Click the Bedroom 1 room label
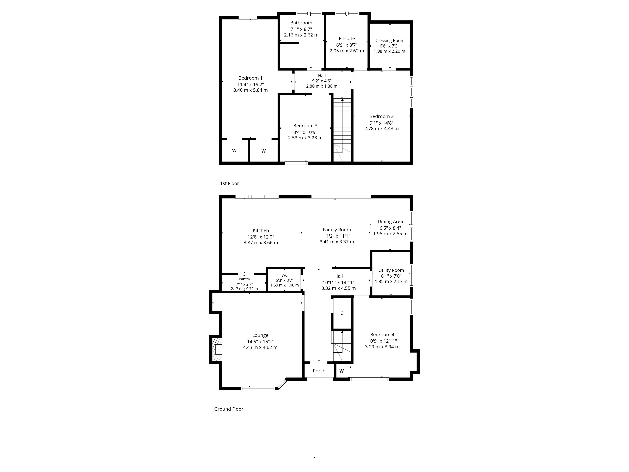click(x=250, y=78)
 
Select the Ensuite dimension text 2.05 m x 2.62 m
click(x=347, y=51)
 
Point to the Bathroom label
click(x=301, y=23)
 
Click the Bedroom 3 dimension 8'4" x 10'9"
click(x=305, y=132)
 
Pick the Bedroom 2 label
click(x=381, y=116)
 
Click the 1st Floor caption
click(x=229, y=183)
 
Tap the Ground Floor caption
click(x=229, y=409)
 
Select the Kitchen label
click(x=261, y=230)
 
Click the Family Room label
click(x=337, y=230)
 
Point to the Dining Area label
click(x=390, y=221)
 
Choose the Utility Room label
click(x=391, y=270)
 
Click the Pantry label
click(x=244, y=279)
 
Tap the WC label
click(x=284, y=275)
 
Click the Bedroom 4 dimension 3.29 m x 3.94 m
click(x=382, y=347)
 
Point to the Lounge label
click(x=260, y=335)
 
